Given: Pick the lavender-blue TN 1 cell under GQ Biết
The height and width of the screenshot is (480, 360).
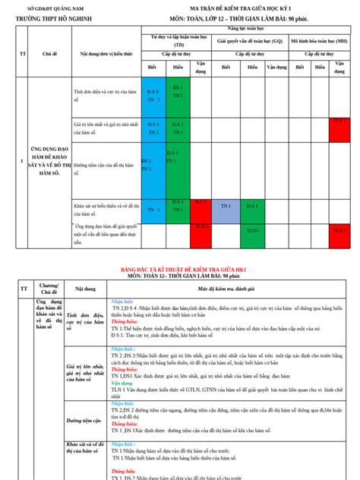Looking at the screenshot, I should (226, 207).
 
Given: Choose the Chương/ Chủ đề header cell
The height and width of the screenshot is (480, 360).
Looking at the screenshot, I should (49, 289).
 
